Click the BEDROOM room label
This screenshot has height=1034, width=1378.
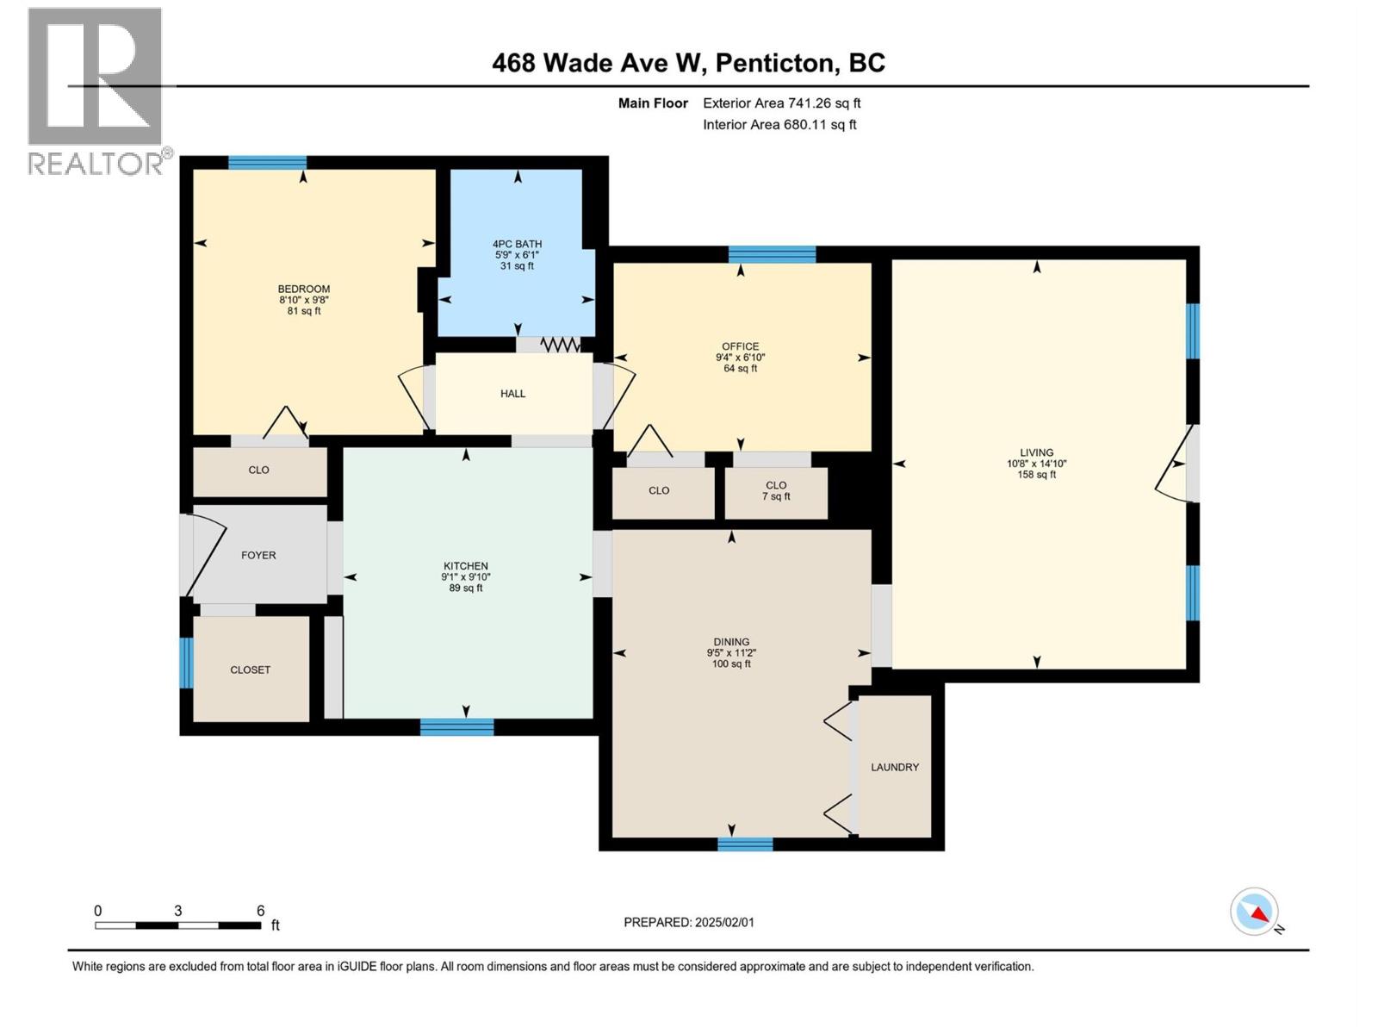(x=303, y=289)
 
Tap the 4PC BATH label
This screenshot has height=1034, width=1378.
(x=517, y=244)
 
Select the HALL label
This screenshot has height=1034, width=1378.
(x=512, y=394)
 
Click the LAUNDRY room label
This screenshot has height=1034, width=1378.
(x=895, y=767)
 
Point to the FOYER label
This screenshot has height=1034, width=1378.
(x=258, y=555)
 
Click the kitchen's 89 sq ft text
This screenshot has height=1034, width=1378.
(x=465, y=589)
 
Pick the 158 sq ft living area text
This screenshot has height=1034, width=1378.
(x=1036, y=475)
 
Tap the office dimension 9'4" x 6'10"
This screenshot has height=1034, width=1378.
(x=740, y=358)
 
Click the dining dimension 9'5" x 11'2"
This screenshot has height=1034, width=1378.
(x=731, y=653)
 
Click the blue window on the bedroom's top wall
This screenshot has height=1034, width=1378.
(x=267, y=162)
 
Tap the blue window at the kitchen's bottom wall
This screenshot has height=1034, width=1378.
(x=456, y=727)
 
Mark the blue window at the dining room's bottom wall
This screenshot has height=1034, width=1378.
(x=745, y=844)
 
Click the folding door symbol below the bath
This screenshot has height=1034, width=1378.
(x=561, y=345)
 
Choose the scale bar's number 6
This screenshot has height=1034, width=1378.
(x=260, y=911)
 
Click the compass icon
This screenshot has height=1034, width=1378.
(x=1255, y=912)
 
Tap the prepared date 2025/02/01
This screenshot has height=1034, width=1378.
(x=723, y=922)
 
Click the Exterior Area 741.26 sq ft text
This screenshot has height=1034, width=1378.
(x=781, y=103)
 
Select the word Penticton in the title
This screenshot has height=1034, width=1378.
(x=775, y=63)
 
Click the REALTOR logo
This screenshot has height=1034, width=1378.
(x=95, y=90)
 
